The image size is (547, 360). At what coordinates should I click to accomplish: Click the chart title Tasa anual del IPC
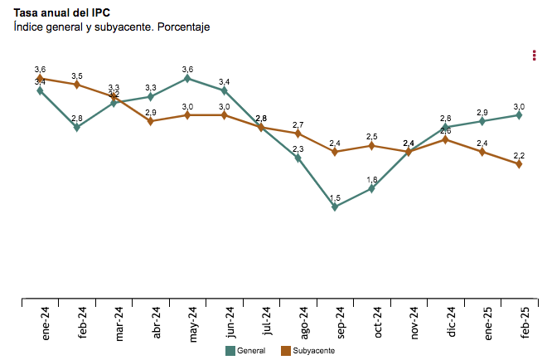[61, 12]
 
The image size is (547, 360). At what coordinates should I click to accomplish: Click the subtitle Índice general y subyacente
[111, 27]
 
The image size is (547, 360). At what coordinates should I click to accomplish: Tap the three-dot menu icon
[534, 55]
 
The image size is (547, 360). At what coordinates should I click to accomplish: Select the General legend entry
[246, 352]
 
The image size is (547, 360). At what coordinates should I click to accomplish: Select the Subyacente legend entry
[307, 352]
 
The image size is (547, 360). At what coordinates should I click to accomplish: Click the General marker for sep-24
[335, 207]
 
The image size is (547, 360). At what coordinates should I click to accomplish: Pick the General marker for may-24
[187, 78]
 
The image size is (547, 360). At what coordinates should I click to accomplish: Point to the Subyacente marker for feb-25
[519, 164]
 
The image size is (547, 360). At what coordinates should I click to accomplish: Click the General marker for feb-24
[77, 128]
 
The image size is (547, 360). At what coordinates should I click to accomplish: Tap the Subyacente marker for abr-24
[151, 121]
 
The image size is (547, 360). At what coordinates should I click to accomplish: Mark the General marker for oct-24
[372, 188]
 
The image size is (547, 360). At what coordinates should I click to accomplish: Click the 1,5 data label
[335, 197]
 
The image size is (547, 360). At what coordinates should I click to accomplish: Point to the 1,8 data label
[372, 179]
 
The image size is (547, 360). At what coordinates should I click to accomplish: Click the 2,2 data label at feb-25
[519, 155]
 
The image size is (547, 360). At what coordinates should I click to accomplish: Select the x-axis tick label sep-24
[339, 322]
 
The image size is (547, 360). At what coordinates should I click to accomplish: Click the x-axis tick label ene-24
[46, 322]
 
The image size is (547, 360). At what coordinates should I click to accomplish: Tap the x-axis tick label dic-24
[450, 322]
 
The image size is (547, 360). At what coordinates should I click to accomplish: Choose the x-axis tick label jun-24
[229, 322]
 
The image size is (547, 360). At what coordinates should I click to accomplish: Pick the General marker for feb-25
[519, 115]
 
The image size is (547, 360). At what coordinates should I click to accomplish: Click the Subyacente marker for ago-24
[298, 134]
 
